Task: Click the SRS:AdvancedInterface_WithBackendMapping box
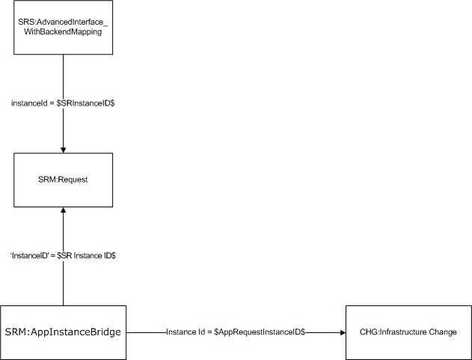point(64,28)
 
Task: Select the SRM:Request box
point(64,180)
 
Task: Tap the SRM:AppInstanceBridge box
point(64,331)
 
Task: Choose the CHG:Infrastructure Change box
point(408,332)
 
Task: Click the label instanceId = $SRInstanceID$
point(64,103)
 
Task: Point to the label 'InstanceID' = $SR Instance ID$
point(64,255)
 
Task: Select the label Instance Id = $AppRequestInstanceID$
point(236,332)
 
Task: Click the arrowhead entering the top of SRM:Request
point(64,149)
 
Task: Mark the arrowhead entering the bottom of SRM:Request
point(64,213)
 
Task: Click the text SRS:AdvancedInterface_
point(64,23)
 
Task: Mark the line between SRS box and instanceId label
point(64,75)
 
